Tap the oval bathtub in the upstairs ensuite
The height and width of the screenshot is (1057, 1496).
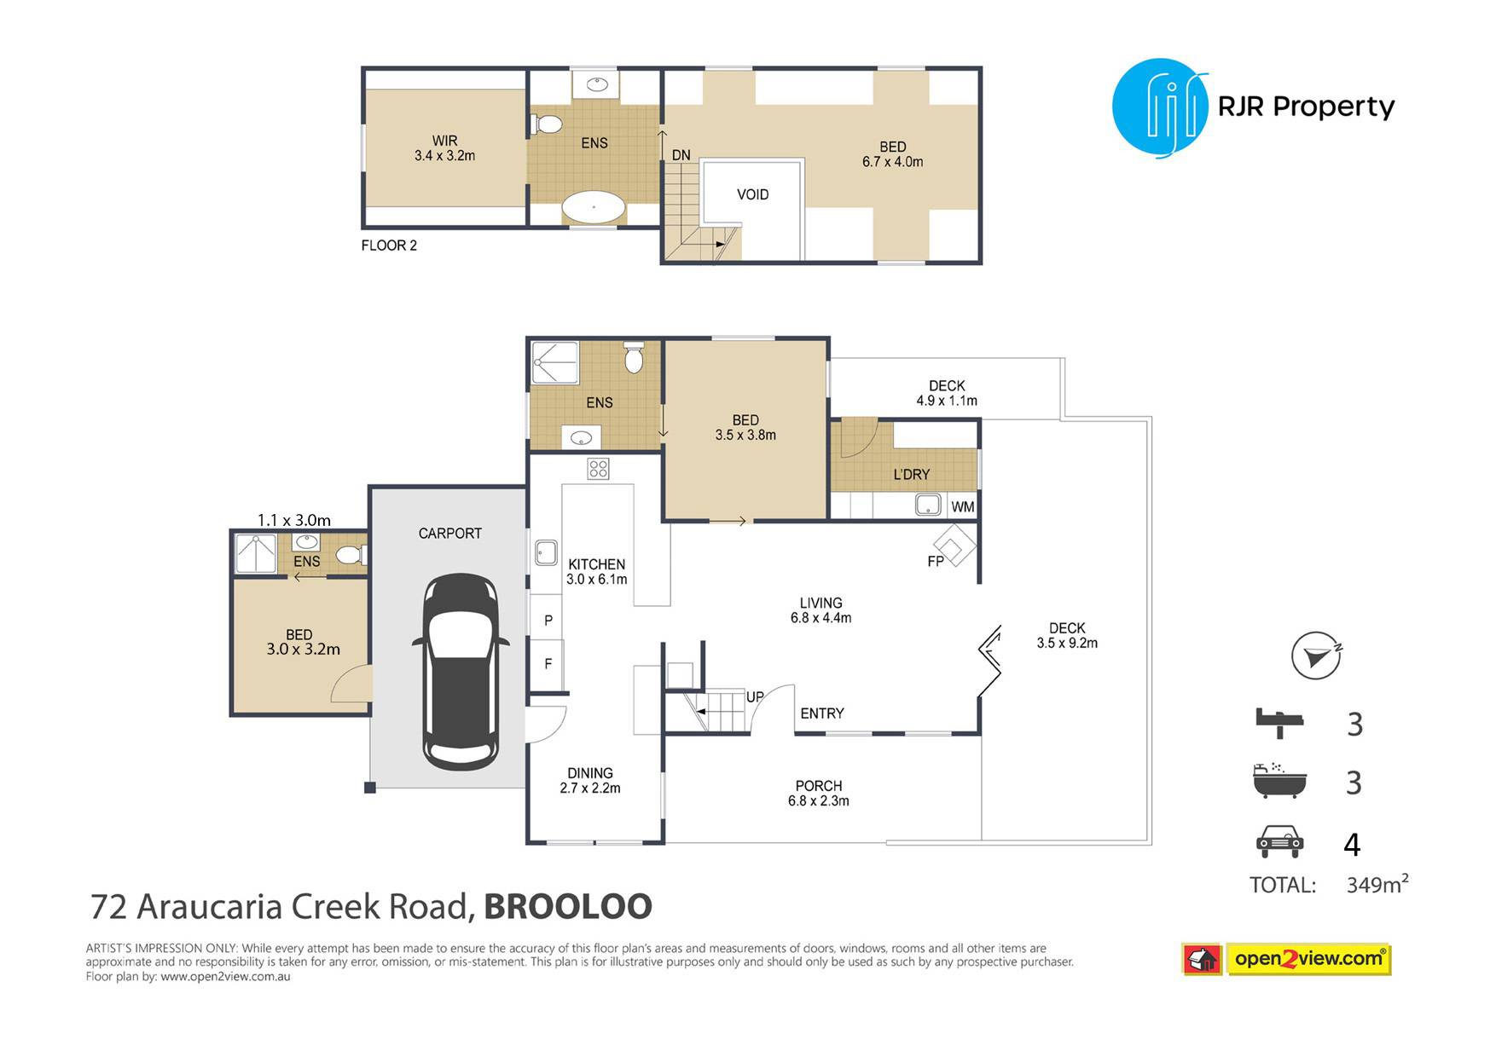tap(594, 208)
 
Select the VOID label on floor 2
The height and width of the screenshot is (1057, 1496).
tap(753, 194)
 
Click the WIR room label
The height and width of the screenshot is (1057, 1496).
tap(444, 141)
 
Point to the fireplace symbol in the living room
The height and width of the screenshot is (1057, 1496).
tap(954, 545)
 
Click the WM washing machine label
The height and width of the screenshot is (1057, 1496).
tap(962, 507)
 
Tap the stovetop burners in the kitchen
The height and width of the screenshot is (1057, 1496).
tap(598, 468)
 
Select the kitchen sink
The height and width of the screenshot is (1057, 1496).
tap(546, 552)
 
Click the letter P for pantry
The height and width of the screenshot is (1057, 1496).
tap(548, 621)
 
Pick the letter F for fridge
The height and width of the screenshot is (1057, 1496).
tap(548, 664)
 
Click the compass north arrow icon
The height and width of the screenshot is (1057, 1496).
tap(1315, 656)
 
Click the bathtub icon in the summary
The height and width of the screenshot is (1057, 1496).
tap(1279, 780)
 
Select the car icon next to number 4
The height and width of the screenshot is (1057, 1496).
tap(1279, 841)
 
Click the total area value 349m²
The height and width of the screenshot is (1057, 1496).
tap(1377, 884)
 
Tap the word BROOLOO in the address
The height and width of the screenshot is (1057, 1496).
tap(568, 907)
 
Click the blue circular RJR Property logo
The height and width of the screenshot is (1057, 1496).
tap(1160, 107)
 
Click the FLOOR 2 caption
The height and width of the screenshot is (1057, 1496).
tap(389, 245)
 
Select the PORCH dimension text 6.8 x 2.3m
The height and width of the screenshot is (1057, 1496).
tap(819, 801)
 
